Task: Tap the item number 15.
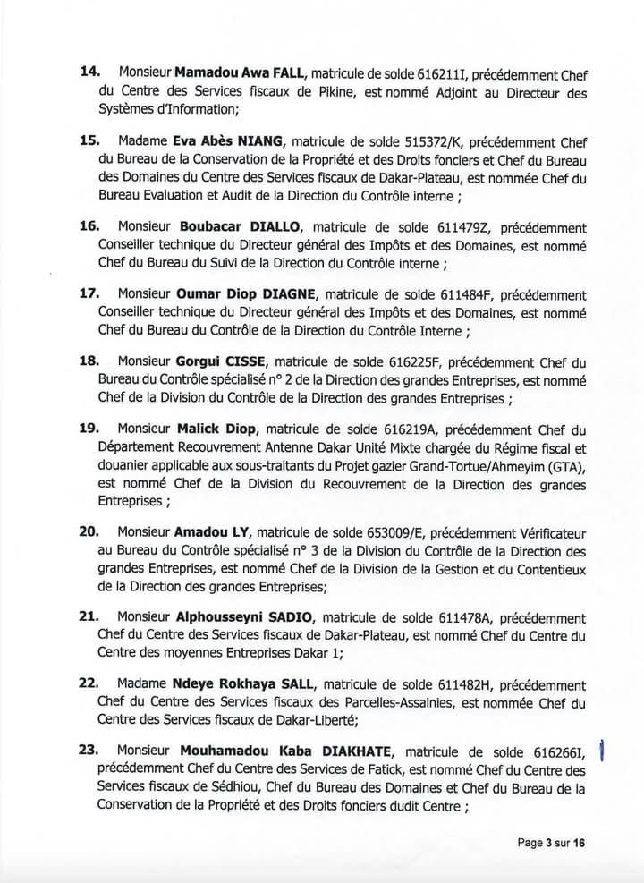pyautogui.click(x=89, y=140)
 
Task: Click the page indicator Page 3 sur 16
pyautogui.click(x=552, y=843)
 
